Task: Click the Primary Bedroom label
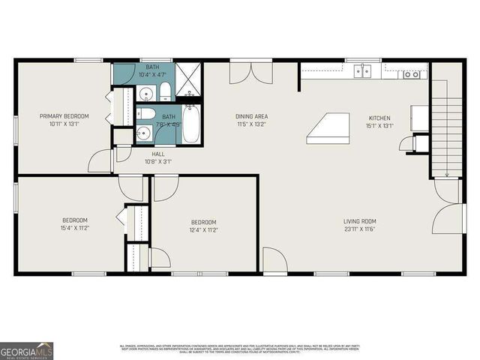pos(64,116)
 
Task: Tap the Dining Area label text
pos(251,116)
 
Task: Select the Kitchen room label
pos(379,118)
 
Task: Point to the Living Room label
pos(359,220)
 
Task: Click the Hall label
pos(158,154)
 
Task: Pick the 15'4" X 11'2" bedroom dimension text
pos(75,228)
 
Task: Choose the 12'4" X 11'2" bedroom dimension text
pos(203,230)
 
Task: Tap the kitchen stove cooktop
pos(411,74)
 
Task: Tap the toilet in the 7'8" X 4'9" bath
pos(147,114)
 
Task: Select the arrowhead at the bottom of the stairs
pos(446,175)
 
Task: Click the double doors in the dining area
pos(253,73)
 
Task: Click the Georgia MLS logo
pos(26,350)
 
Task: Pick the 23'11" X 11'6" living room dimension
pos(359,228)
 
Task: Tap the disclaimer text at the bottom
pos(240,349)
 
